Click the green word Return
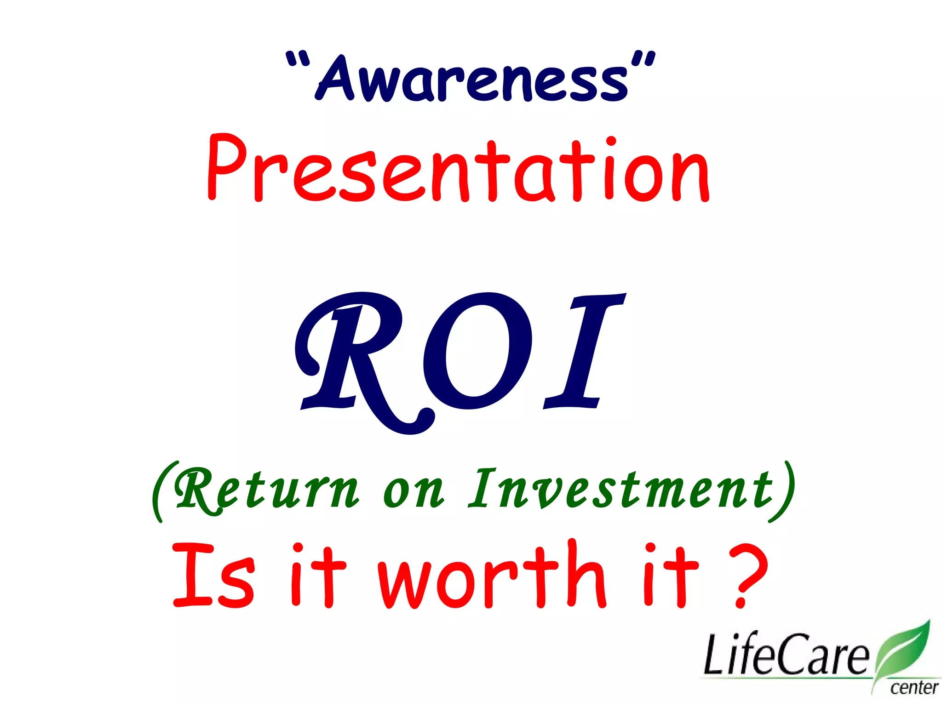267,490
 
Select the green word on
413,492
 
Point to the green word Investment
619,490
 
